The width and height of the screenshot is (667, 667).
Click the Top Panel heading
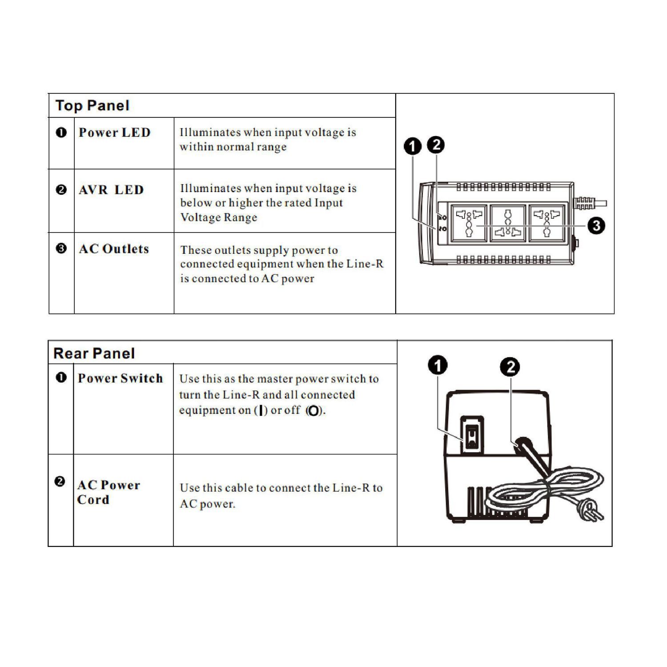point(92,105)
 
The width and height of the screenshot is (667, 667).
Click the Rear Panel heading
point(94,354)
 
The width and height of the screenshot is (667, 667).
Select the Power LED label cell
point(115,133)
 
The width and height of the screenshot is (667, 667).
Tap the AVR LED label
point(111,190)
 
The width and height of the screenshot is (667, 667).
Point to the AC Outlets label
point(114,249)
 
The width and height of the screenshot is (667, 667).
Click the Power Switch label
point(120,378)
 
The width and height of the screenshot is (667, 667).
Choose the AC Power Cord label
point(108,492)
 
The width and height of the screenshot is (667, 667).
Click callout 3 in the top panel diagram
point(596,225)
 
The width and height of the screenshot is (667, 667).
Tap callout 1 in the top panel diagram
point(413,146)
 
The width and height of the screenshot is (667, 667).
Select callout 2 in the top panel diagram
point(436,145)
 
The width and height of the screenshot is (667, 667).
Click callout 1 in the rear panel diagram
point(438,366)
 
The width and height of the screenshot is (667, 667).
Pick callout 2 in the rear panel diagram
point(510,367)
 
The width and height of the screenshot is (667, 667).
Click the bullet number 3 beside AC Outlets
point(61,249)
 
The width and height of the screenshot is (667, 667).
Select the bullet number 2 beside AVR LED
point(61,190)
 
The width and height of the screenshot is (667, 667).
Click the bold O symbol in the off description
point(313,411)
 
